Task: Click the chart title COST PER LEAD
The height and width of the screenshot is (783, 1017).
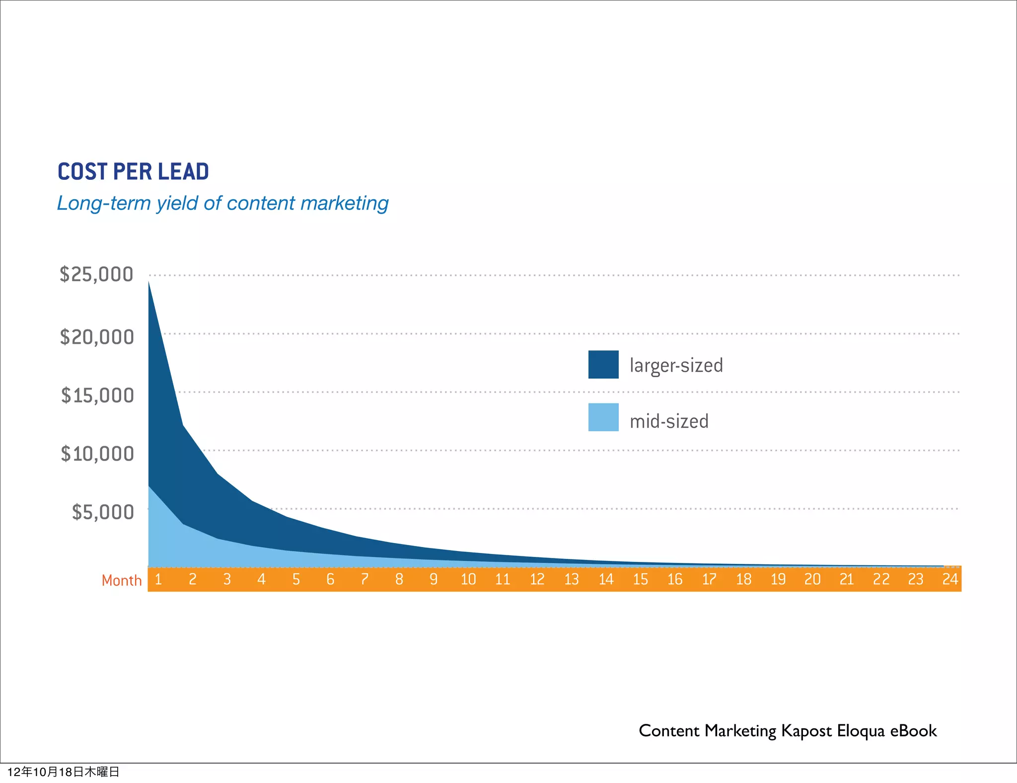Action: tap(133, 171)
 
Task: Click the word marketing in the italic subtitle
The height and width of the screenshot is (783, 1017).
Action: tap(344, 203)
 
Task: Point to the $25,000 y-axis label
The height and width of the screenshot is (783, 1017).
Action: tap(96, 274)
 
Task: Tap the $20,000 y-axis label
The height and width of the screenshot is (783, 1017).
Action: tap(97, 337)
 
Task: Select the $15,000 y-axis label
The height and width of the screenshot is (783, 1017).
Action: tap(97, 395)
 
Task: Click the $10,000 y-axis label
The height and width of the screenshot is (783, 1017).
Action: tap(97, 454)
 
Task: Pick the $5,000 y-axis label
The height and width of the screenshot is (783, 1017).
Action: tap(103, 512)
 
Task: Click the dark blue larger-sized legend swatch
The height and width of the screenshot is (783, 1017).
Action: tap(603, 365)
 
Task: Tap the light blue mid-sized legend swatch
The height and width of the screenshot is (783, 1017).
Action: tap(603, 417)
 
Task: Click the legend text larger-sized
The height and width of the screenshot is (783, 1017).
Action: tap(676, 366)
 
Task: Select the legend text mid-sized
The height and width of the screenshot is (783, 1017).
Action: tap(669, 421)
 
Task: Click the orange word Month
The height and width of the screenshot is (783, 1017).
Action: tap(122, 580)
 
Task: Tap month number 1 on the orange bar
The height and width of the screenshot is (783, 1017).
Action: tap(158, 579)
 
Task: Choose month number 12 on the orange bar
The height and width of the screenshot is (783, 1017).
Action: tap(537, 579)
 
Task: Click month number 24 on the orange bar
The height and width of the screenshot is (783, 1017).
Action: tap(949, 579)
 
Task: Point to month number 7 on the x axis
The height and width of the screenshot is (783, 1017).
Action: tap(364, 579)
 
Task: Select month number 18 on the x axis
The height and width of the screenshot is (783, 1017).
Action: tap(743, 579)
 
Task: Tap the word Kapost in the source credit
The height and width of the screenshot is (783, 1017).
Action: tap(806, 731)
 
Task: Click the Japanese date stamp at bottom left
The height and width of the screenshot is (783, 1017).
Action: tap(64, 772)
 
